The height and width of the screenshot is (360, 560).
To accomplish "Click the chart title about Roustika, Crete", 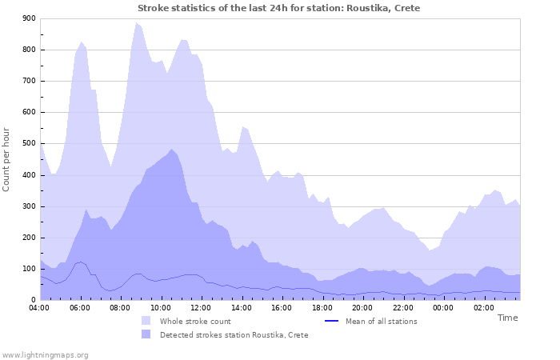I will pos(278,8).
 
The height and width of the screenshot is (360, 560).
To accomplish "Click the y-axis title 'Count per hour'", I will pos(7,159).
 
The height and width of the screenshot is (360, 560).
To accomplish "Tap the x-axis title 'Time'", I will pos(507,318).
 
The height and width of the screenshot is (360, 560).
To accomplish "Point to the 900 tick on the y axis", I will pos(29,18).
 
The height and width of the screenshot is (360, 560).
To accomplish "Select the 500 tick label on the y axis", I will pos(29,144).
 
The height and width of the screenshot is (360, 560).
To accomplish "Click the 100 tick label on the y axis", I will pos(29,269).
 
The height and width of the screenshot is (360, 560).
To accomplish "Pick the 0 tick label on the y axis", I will pos(33,300).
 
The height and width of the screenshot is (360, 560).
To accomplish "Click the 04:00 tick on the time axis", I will pos(40,306).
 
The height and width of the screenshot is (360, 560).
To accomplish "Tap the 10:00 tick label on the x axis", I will pos(161,306).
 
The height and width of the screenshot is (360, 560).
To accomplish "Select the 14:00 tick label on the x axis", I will pos(242,306).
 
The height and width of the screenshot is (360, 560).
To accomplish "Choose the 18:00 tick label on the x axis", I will pos(322,306).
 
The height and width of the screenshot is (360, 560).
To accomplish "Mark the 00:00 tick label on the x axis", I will pos(443,306).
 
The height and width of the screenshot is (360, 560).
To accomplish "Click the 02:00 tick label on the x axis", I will pos(484,306).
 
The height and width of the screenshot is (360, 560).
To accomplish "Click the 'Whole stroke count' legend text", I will pos(196,321).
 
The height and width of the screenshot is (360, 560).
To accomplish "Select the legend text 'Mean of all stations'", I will pos(381,321).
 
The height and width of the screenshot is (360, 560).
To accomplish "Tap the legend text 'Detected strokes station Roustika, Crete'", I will pos(234,335).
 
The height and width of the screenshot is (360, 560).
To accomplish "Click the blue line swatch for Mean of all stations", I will pos(332,321).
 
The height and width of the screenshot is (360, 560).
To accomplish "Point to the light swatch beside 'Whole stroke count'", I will pos(146,321).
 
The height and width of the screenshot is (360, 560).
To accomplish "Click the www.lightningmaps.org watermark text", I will pos(45,354).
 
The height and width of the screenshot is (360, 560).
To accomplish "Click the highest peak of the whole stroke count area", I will pos(137,22).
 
